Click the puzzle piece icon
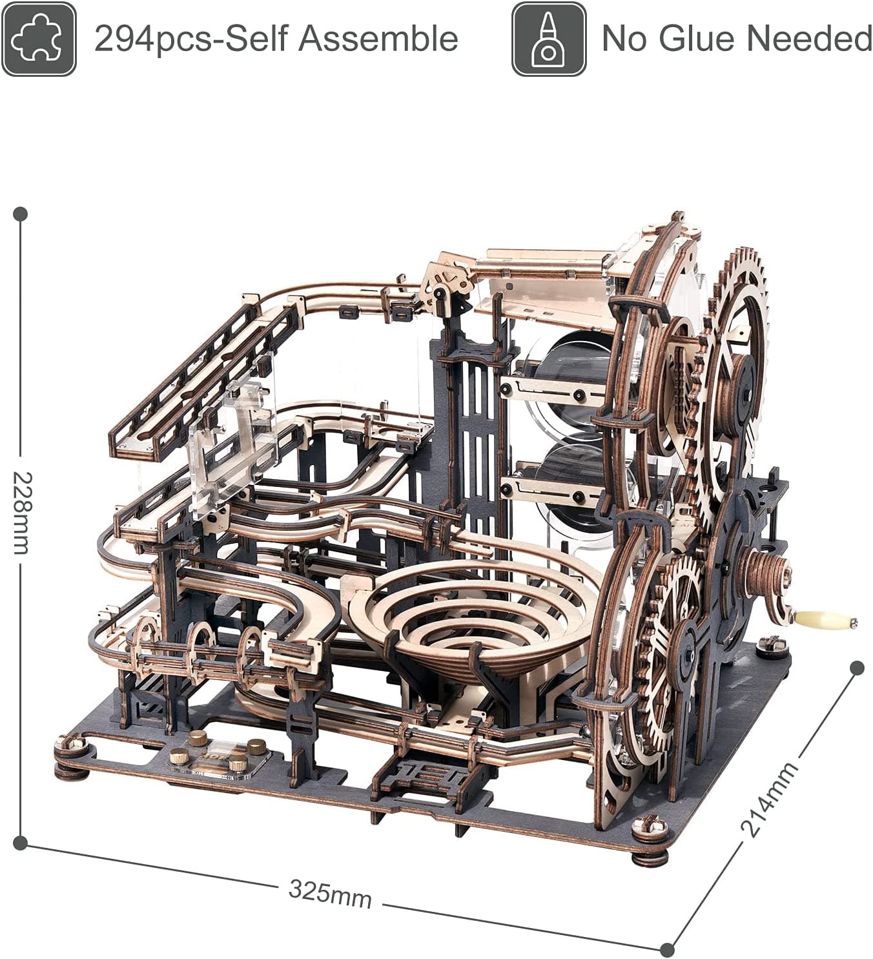(x=39, y=39)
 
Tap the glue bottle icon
(x=548, y=39)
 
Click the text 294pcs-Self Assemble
(x=276, y=39)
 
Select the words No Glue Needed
(x=736, y=39)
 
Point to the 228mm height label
(x=21, y=513)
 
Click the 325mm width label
(x=330, y=893)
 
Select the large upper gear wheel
(x=736, y=375)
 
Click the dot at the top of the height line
(x=21, y=214)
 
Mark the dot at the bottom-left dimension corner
(x=21, y=842)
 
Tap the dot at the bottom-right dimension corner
(x=668, y=949)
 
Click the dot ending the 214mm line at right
(x=857, y=668)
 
